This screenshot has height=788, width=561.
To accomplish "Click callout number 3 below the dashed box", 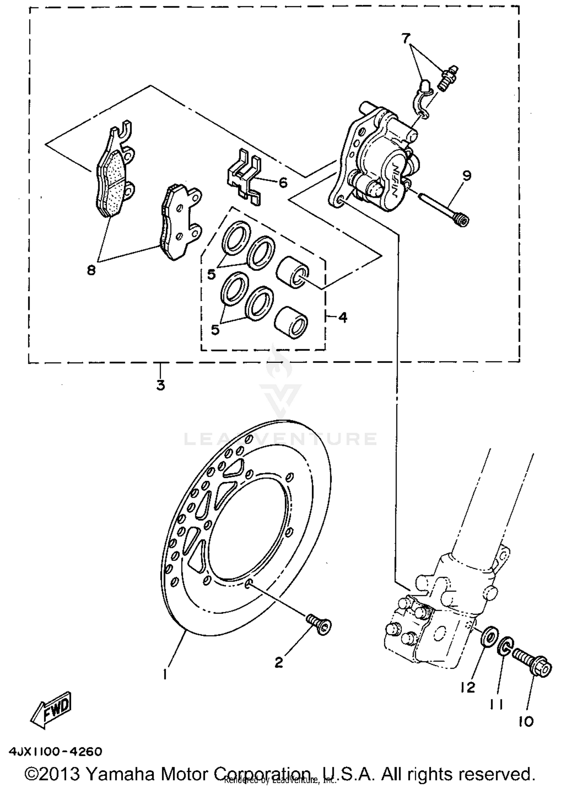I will pos(160,385).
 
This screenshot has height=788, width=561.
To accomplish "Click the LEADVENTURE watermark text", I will pos(280,439).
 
